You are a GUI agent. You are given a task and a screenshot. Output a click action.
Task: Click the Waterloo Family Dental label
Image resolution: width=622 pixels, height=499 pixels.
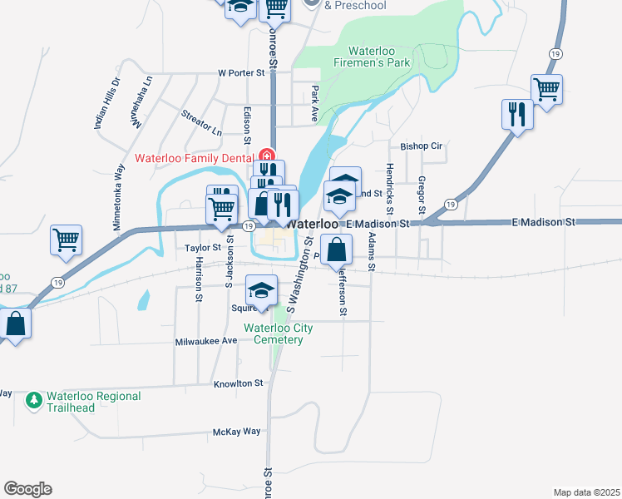pos(194,158)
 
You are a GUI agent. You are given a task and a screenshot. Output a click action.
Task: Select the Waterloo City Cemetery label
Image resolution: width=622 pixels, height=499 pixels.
pos(278,333)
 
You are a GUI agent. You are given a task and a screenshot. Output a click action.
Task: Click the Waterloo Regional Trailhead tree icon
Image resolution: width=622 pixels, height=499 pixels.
pos(34,402)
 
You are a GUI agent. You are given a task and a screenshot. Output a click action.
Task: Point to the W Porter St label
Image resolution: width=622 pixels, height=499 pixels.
pos(241,72)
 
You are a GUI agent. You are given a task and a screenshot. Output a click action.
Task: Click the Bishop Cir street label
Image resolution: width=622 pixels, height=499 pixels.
pos(422,146)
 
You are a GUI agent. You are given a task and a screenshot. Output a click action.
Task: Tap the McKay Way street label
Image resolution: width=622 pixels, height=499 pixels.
pos(237,432)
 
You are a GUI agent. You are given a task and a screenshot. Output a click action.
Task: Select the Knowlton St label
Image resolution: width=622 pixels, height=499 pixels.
pos(238,383)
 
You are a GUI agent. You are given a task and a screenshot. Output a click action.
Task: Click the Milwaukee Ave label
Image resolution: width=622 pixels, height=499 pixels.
pos(207,342)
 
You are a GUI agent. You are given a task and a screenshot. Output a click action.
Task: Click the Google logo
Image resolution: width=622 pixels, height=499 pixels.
pos(27,489)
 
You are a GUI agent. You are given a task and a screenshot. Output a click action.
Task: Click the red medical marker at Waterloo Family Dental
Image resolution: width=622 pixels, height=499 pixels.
pos(267,156)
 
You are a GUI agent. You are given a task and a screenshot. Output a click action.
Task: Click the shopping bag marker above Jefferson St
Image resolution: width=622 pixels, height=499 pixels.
pos(335,249)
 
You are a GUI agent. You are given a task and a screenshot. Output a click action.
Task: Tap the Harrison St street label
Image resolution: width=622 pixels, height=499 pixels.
pos(199,279)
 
